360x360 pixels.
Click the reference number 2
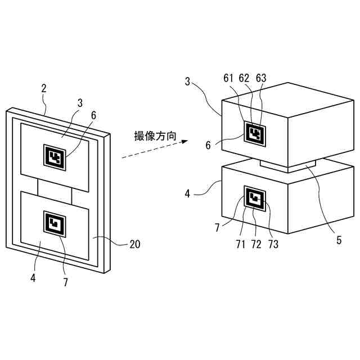[44, 89]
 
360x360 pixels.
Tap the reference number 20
[134, 245]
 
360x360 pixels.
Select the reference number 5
[339, 240]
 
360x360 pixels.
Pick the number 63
[262, 78]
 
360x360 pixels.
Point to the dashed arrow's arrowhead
[183, 143]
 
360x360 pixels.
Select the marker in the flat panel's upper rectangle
[55, 157]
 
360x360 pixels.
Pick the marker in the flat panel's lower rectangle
[55, 224]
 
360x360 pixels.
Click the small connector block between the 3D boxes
[288, 165]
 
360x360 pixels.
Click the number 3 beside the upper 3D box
[187, 82]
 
